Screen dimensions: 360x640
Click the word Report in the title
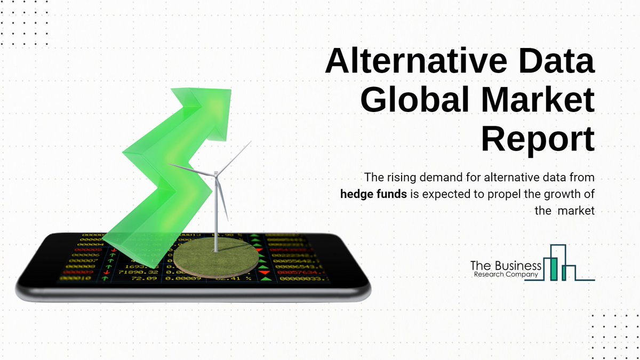(539, 139)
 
